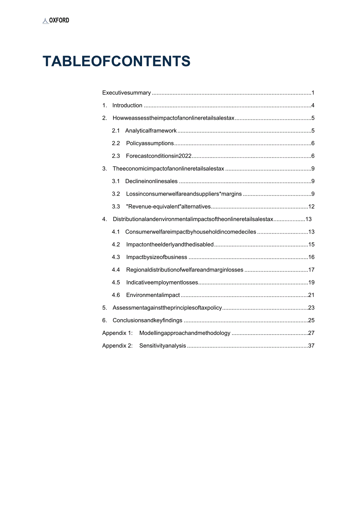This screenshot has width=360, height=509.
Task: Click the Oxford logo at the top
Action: click(56, 20)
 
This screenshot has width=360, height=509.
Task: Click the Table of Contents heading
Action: click(116, 61)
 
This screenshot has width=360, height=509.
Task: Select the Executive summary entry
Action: click(126, 93)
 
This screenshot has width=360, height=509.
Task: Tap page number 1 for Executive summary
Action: click(313, 93)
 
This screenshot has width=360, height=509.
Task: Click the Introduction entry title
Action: click(127, 105)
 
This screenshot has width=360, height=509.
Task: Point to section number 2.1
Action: click(116, 131)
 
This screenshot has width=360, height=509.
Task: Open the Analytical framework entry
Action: click(151, 131)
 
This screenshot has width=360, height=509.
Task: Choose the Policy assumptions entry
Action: click(150, 143)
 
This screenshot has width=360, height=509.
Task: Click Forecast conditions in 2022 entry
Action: click(158, 156)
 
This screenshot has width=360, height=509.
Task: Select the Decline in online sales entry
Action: click(151, 181)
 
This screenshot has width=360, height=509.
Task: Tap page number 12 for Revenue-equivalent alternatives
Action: click(311, 207)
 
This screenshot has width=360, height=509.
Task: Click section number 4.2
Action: click(116, 245)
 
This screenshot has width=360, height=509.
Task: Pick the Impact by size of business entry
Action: click(157, 257)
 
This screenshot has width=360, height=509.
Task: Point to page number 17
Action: click(311, 270)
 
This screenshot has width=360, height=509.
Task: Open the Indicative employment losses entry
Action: click(162, 282)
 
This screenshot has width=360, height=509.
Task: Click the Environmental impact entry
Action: click(153, 295)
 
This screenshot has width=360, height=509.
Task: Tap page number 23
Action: click(311, 308)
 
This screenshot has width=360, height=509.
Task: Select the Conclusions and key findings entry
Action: click(148, 320)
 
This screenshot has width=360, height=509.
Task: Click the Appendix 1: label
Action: click(117, 333)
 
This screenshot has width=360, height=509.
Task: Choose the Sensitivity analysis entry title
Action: click(162, 345)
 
